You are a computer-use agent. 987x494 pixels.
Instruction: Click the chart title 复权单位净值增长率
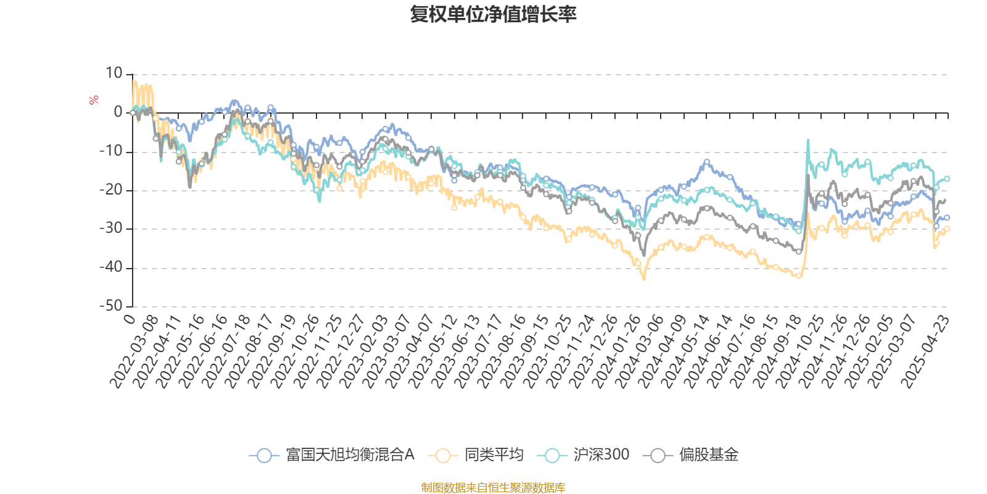tap(493, 14)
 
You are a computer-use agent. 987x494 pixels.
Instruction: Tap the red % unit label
tap(94, 100)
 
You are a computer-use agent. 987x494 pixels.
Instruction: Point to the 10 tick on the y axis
tap(114, 73)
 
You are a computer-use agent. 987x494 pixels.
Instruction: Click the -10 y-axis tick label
tap(112, 151)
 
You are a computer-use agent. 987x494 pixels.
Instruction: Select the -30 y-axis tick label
tap(112, 228)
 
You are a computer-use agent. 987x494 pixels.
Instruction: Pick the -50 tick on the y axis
tap(112, 306)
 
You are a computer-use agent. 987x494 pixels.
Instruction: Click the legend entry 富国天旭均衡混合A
tap(332, 456)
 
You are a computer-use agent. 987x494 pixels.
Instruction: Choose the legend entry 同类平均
tap(479, 456)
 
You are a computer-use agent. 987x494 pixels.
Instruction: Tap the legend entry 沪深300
tap(584, 456)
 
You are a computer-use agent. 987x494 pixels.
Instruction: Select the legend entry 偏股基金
tap(691, 456)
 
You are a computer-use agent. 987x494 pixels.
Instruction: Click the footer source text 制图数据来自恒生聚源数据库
tap(493, 488)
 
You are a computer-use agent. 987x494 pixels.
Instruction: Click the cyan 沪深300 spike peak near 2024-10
tap(808, 141)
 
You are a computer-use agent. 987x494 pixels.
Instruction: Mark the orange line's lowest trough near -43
tap(644, 280)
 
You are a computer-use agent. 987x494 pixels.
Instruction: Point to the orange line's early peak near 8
tap(133, 80)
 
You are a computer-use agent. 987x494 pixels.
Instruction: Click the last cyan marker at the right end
tap(948, 178)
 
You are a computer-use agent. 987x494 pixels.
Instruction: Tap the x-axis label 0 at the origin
tap(129, 319)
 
